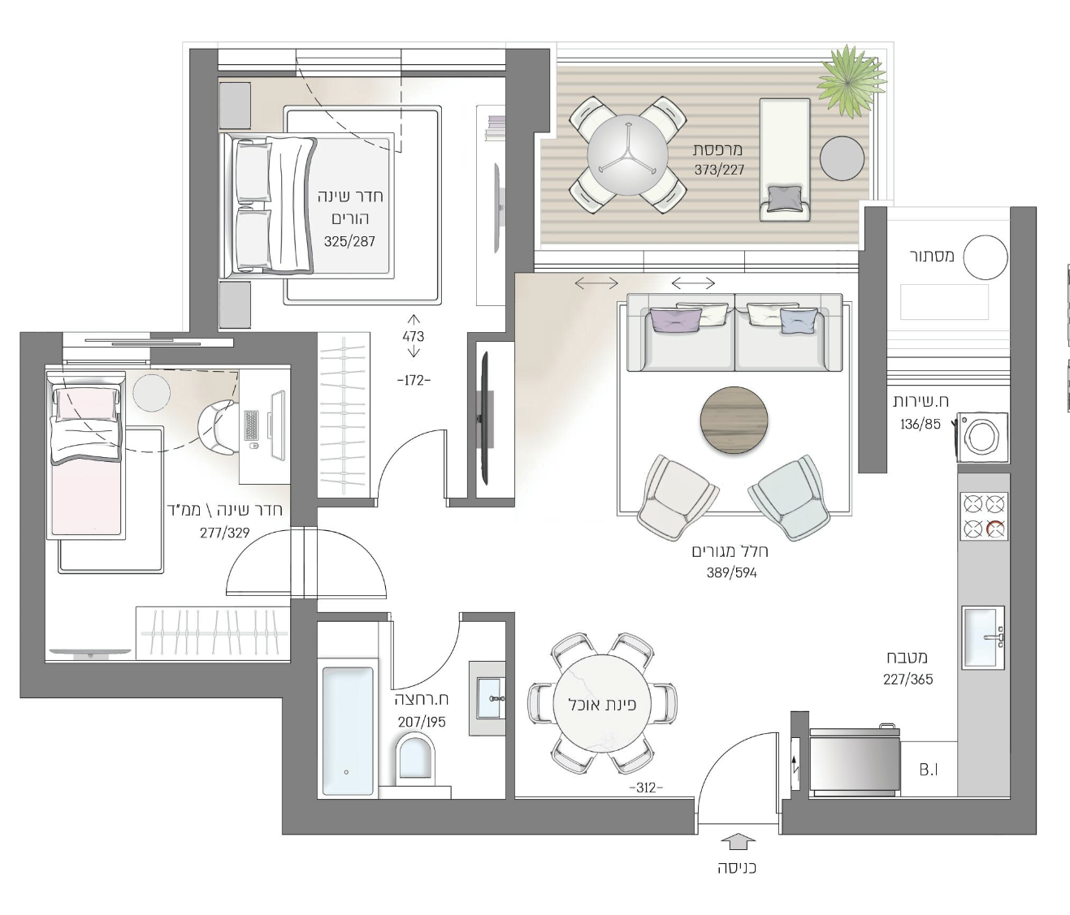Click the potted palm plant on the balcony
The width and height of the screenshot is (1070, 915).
tap(851, 80)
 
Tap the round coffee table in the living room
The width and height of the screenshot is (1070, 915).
tap(734, 421)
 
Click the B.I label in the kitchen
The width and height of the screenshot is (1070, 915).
tap(929, 770)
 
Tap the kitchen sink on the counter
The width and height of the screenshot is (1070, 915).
tap(983, 638)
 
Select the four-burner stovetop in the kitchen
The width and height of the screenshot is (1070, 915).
tap(984, 516)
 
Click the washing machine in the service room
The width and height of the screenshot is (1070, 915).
tap(982, 437)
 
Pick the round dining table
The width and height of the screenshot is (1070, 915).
tap(602, 704)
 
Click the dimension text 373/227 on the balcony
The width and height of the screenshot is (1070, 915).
tap(720, 170)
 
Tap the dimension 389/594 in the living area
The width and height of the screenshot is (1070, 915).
tap(731, 572)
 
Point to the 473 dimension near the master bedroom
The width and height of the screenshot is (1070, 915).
tap(413, 336)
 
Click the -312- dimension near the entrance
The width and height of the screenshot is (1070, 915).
tap(646, 788)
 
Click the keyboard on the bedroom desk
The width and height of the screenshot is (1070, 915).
tap(252, 425)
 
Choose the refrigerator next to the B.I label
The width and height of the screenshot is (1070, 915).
tap(855, 761)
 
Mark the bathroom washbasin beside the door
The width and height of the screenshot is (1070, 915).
tap(490, 698)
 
